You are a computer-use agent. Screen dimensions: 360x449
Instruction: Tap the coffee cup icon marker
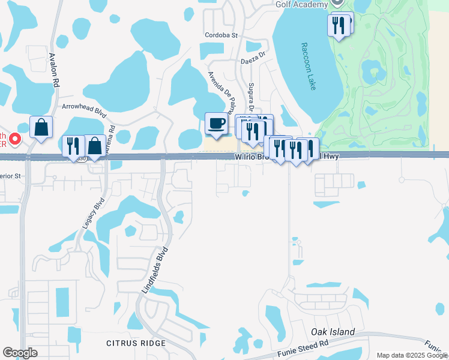click(216, 124)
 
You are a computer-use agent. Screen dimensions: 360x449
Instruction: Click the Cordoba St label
click(221, 35)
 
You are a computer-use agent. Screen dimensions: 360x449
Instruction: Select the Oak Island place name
click(333, 332)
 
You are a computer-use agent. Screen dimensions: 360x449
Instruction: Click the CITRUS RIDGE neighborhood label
click(136, 343)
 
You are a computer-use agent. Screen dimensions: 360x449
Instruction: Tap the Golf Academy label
click(301, 4)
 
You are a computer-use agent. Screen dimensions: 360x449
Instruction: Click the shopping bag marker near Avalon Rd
click(41, 127)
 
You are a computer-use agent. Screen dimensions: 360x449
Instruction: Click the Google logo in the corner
click(20, 353)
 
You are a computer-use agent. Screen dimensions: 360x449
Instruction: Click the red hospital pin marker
click(14, 140)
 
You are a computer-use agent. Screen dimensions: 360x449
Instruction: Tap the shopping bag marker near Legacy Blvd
click(95, 146)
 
